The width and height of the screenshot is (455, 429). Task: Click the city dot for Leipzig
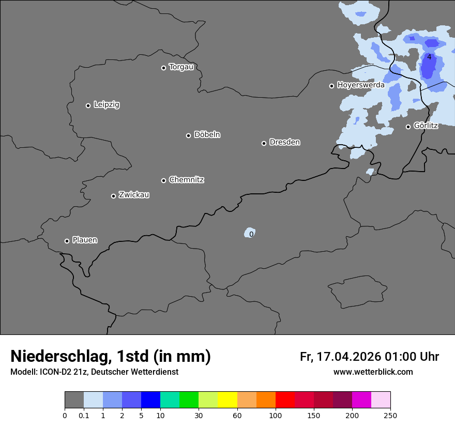click(x=88, y=105)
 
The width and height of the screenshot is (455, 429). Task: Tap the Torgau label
click(x=181, y=67)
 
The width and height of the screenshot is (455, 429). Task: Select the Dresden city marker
click(x=264, y=143)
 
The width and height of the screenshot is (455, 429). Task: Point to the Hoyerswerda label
click(x=361, y=85)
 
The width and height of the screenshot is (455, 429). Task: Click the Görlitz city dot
click(x=408, y=127)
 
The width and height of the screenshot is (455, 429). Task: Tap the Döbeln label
click(x=207, y=134)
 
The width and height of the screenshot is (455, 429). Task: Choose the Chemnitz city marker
click(x=163, y=180)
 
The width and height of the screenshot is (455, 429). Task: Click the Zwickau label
click(x=134, y=195)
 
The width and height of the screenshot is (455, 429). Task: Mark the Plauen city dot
click(x=67, y=241)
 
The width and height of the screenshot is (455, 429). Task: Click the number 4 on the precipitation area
click(x=429, y=57)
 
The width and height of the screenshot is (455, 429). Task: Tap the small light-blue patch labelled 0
click(x=250, y=233)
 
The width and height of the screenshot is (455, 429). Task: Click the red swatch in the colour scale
click(x=285, y=400)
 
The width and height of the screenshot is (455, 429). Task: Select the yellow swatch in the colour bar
click(x=228, y=400)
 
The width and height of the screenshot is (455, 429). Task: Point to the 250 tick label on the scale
click(x=390, y=416)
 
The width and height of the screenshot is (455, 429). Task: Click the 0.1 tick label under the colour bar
click(x=84, y=416)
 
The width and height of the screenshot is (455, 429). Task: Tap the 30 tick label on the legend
click(x=199, y=416)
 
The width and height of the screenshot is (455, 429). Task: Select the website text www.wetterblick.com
click(x=373, y=372)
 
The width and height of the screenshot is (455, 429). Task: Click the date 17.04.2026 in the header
click(x=349, y=357)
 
